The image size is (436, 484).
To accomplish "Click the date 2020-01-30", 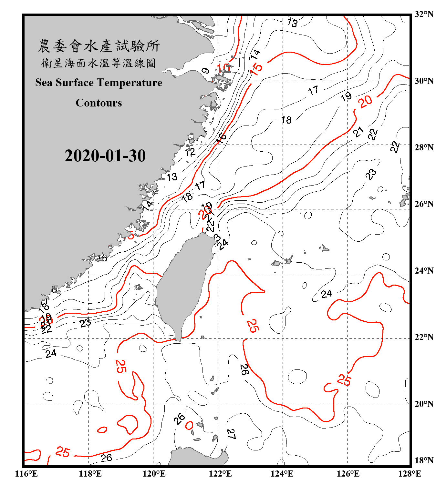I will pos(105,156).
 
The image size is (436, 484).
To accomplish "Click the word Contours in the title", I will pos(99,103).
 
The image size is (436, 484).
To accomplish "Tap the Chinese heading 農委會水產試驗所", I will pos(99,46).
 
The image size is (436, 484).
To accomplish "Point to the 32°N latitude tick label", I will pos(424,14).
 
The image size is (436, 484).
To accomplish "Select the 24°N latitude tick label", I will pos(424,271).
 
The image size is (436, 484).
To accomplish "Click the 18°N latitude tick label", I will pos(424,460).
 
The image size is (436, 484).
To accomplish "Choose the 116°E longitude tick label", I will pos(26,474).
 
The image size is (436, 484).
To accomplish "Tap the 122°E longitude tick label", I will pos(220,474).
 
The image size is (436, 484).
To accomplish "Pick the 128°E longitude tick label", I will pos(410,474).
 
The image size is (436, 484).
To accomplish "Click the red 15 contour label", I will pos(256,68).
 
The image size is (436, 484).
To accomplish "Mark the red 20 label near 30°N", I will pos(365,102).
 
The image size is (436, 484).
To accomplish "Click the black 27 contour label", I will pos(231,434).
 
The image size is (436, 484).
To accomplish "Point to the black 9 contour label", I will pos(205,71).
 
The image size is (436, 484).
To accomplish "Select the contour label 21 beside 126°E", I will pos(358,132).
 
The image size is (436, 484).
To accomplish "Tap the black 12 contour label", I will pos(190,152).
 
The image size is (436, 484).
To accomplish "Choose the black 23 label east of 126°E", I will pos(371,174).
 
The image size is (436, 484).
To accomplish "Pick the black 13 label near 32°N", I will pos(292,23).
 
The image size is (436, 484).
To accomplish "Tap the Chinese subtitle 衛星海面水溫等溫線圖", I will pos(99,63).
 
